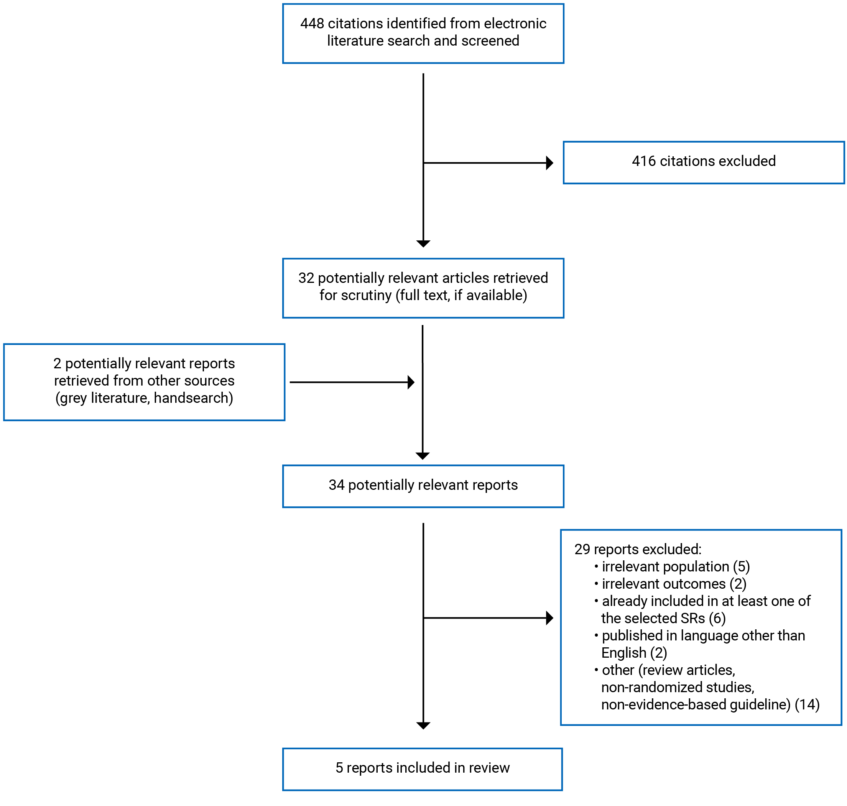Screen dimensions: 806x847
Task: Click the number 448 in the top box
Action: click(x=312, y=23)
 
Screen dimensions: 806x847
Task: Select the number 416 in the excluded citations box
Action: click(x=643, y=161)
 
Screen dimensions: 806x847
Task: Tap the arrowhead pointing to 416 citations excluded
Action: click(x=549, y=163)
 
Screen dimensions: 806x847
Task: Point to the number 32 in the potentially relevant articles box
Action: click(x=306, y=278)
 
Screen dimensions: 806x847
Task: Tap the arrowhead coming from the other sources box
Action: click(x=411, y=382)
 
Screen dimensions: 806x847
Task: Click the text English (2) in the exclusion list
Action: click(x=634, y=653)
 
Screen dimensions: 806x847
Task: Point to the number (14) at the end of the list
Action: click(x=807, y=704)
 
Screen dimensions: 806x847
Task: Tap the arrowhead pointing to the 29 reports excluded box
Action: click(x=549, y=618)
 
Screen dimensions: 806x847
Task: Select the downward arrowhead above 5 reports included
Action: click(x=423, y=726)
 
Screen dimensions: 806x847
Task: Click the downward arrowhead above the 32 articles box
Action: click(x=423, y=244)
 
